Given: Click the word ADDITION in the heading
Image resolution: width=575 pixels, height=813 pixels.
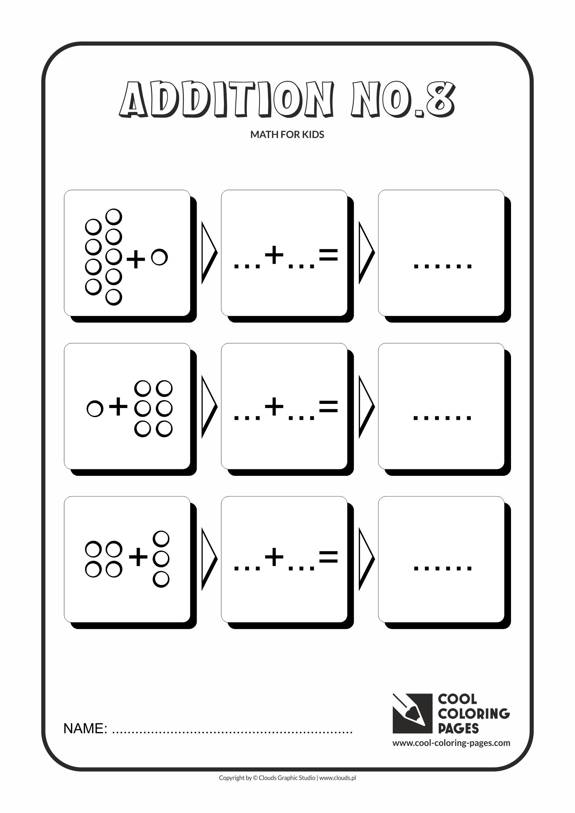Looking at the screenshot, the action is coord(227,100).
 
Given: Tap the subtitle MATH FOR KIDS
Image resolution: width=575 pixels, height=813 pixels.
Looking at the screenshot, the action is coord(287,135).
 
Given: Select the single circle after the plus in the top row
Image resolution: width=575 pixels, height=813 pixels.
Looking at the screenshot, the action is coord(159,257).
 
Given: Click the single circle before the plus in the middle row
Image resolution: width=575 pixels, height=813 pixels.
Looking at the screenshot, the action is coord(95,409).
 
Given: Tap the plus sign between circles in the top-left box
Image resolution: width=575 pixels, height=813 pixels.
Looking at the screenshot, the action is coord(136,259).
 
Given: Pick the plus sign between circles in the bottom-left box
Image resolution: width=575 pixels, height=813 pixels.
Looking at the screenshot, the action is coord(138,558).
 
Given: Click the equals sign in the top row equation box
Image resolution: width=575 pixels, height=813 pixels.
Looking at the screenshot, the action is coord(328,254).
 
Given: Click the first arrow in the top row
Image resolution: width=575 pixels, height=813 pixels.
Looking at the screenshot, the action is coord(209,252).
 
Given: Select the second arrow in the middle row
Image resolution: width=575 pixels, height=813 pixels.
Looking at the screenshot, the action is coord(366,407).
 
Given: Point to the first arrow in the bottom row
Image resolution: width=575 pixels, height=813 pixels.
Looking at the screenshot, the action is coord(209,559).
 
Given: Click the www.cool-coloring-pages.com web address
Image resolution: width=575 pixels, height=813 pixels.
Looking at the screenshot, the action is coord(451,743).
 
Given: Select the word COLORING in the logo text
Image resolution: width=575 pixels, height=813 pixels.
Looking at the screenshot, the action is coord(473,714).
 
